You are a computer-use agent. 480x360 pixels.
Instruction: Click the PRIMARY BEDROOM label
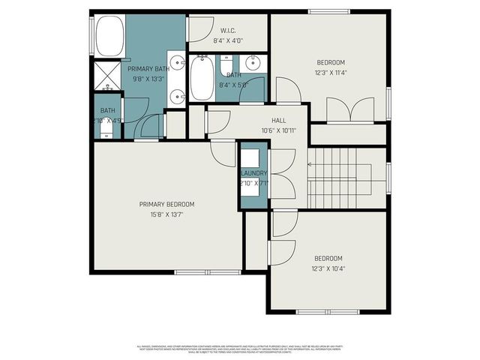(x=166, y=204)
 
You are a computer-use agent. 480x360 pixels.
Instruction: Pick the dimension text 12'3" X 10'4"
(x=328, y=268)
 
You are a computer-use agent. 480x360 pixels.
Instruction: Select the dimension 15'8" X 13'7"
(x=166, y=214)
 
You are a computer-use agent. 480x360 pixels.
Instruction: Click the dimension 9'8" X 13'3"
(x=148, y=79)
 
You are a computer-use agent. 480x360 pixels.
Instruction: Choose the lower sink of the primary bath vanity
(x=175, y=96)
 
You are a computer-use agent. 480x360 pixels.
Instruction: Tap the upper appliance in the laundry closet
(x=250, y=157)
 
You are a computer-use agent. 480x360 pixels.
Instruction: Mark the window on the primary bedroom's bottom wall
(x=196, y=271)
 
